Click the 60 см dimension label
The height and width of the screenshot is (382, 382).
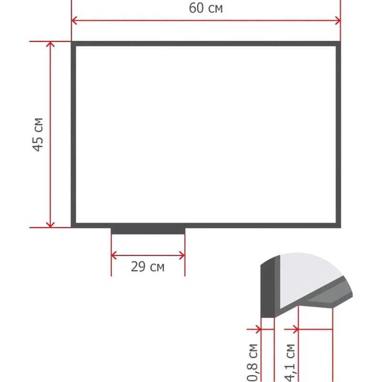(x=206, y=8)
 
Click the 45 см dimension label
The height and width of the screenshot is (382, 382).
(x=38, y=135)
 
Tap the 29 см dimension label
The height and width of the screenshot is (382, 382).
(x=148, y=266)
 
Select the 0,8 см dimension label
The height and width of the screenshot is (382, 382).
(x=252, y=362)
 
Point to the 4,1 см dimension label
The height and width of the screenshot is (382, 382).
(x=290, y=362)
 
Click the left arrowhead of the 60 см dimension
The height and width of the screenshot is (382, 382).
(x=74, y=21)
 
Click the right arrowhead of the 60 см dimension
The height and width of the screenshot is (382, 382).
(x=338, y=21)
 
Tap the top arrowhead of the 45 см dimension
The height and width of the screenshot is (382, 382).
(x=50, y=44)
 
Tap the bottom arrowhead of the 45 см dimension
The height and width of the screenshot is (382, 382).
(x=50, y=224)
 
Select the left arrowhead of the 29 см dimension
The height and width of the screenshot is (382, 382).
(x=114, y=255)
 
